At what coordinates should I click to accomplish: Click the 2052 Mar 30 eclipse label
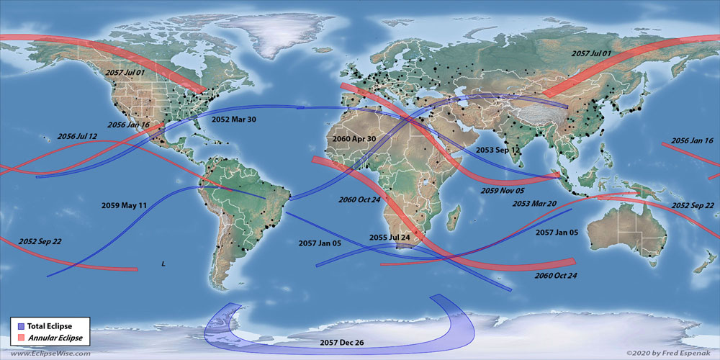[234, 120]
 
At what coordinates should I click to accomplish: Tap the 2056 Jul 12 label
[77, 136]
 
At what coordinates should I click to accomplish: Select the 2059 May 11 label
[124, 205]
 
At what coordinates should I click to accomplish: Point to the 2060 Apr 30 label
[355, 138]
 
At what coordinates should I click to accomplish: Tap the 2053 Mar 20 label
[534, 204]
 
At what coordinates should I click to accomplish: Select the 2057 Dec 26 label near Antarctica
[343, 342]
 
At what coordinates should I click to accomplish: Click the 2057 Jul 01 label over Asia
[591, 54]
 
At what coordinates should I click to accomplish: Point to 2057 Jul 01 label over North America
[125, 73]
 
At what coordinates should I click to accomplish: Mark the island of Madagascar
[455, 215]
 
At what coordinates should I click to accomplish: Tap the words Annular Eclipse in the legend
[56, 338]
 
